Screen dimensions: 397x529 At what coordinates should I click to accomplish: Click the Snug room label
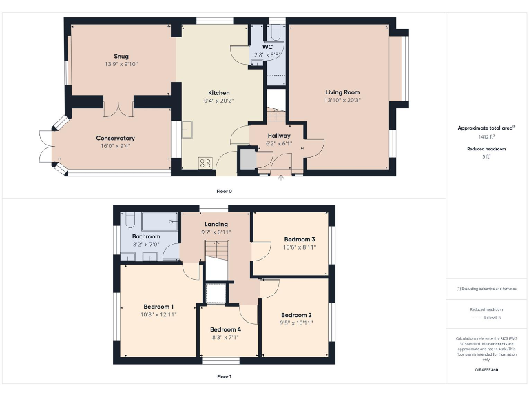(121, 57)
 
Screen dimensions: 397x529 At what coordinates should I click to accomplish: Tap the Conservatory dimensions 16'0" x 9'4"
(115, 146)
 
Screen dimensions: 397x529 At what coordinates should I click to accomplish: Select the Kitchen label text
(219, 93)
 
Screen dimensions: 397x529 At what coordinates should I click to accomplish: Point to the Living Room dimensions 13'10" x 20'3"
(342, 100)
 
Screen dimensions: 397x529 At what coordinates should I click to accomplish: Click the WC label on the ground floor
(267, 47)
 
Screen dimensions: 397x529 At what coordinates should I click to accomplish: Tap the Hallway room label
(279, 136)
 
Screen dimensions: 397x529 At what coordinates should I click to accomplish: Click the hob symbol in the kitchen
(205, 163)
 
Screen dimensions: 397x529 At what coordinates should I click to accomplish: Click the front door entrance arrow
(280, 178)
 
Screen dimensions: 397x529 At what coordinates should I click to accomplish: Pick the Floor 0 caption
(224, 191)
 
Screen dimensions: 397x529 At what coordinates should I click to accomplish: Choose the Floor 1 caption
(224, 377)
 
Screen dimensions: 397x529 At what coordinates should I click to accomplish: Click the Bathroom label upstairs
(146, 236)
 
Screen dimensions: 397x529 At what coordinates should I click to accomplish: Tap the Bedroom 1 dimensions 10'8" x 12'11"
(158, 314)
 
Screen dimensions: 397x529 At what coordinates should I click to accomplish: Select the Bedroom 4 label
(225, 329)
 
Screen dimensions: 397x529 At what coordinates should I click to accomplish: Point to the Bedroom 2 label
(296, 315)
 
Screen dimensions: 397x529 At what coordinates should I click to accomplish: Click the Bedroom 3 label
(300, 239)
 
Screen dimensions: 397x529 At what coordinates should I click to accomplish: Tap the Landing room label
(216, 224)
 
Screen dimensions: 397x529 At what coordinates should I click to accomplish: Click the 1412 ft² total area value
(486, 137)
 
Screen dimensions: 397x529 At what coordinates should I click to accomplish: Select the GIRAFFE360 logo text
(486, 370)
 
